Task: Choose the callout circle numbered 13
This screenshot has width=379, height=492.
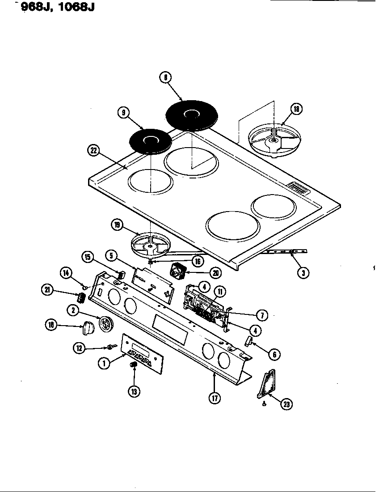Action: (133, 391)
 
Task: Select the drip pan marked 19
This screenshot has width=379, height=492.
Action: (150, 245)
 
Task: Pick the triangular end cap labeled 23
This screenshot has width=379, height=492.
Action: (268, 384)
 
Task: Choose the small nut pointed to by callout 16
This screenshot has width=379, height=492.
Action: (152, 261)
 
